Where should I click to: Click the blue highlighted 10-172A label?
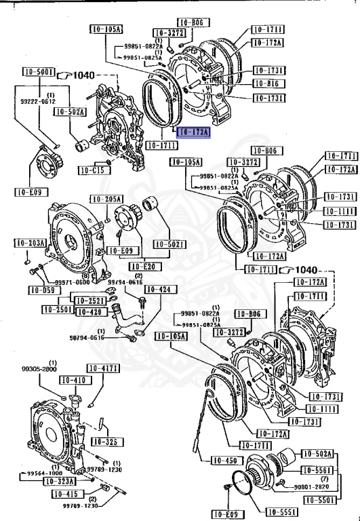pyautogui.click(x=193, y=132)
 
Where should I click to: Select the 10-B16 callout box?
pyautogui.click(x=268, y=83)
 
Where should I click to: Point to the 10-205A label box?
pyautogui.click(x=106, y=199)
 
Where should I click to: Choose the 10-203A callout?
pyautogui.click(x=31, y=243)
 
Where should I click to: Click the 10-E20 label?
pyautogui.click(x=142, y=266)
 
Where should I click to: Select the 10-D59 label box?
pyautogui.click(x=41, y=290)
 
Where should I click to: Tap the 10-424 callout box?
pyautogui.click(x=164, y=290)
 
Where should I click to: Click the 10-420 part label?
pyautogui.click(x=88, y=311)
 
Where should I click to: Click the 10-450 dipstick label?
pyautogui.click(x=226, y=461)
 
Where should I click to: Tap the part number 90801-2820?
pyautogui.click(x=312, y=486)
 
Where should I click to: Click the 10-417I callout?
pyautogui.click(x=105, y=368)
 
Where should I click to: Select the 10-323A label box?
pyautogui.click(x=60, y=481)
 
